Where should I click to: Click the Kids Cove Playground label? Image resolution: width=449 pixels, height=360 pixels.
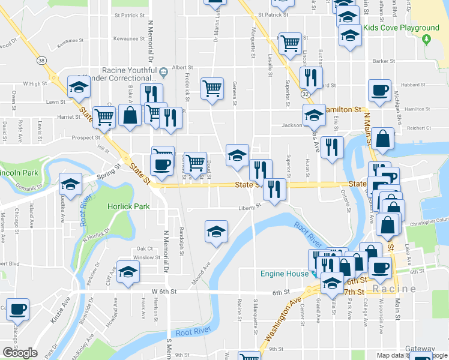click(x=409, y=28)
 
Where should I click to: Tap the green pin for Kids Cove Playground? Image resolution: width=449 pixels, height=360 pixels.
click(x=427, y=40)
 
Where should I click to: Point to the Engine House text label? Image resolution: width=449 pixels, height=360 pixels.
click(x=284, y=274)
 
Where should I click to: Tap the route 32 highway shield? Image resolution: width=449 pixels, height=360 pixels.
click(x=307, y=94)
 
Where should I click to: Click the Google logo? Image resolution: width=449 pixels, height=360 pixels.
click(x=20, y=353)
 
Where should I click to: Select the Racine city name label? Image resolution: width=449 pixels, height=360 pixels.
click(x=394, y=289)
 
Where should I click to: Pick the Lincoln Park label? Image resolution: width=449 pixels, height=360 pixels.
click(x=19, y=173)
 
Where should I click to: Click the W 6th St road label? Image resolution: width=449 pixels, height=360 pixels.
click(x=163, y=291)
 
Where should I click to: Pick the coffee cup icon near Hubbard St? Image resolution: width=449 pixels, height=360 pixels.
click(x=379, y=91)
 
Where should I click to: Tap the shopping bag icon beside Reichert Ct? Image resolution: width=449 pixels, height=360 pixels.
click(x=382, y=139)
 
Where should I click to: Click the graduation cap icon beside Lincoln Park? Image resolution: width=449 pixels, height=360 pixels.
click(x=71, y=184)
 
